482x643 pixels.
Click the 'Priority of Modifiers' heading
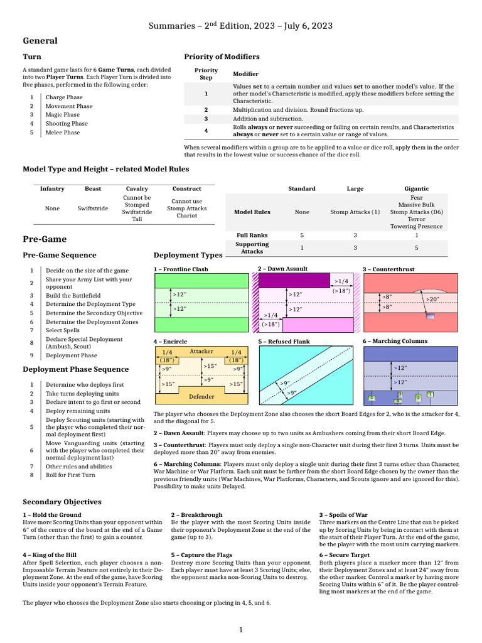pos(222,57)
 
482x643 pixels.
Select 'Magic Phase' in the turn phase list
pos(62,115)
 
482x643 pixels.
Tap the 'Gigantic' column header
pos(417,188)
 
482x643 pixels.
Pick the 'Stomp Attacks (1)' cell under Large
pos(355,212)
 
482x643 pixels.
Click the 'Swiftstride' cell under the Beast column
pos(93,208)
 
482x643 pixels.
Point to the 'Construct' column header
pos(186,188)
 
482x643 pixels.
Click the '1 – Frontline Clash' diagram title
pos(181,269)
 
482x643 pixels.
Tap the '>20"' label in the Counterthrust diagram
pos(432,300)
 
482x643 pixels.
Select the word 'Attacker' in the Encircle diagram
pos(201,352)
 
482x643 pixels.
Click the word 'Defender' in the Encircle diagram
pos(201,397)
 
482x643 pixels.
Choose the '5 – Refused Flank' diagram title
pos(284,342)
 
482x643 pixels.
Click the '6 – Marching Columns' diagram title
pos(395,341)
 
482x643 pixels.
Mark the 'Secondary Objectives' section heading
pos(62,502)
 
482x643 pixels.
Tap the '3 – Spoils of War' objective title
pos(343,515)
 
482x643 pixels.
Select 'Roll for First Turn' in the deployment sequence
pos(71,475)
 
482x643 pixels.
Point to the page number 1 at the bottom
pos(240,630)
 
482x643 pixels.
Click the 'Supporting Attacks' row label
pos(252,248)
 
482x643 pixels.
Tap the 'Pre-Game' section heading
pos(45,240)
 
